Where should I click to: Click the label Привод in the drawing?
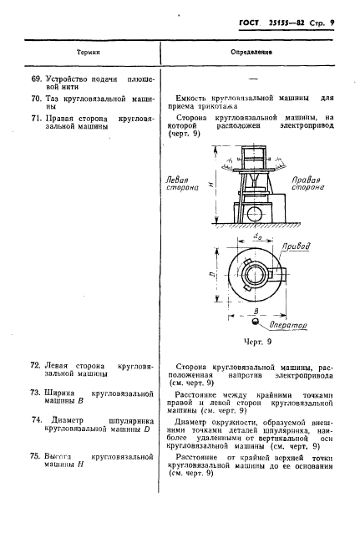point(298,248)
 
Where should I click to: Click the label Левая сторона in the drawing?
point(184,184)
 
